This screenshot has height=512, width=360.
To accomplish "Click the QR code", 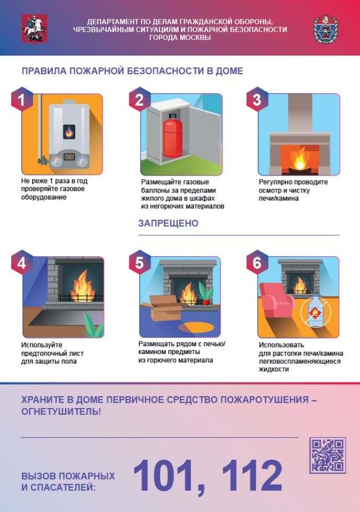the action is [327, 455].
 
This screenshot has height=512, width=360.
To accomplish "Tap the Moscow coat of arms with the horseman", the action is [34, 28].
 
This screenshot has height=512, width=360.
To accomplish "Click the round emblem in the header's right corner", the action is [325, 29].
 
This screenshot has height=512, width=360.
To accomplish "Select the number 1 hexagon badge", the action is [22, 100].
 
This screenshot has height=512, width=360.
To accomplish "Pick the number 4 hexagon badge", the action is [22, 262].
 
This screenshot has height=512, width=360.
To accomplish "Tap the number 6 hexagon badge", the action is [257, 262].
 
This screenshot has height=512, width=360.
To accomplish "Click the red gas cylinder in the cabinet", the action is [173, 135].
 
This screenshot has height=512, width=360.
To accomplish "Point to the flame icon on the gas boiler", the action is [69, 132].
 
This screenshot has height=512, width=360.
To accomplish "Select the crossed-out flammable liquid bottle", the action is [315, 311].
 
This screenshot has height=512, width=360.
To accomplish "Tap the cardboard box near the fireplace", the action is [163, 308].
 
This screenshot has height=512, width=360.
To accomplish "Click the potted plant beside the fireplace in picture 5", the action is [206, 293].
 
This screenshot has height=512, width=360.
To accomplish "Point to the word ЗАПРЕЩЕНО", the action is [168, 223].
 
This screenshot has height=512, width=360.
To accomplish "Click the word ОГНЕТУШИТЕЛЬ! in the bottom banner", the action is [61, 411].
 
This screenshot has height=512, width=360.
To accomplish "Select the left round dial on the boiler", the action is [57, 161].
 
